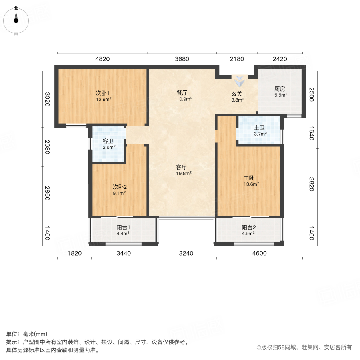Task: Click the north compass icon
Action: (16, 18)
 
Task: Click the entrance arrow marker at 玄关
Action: (240, 81)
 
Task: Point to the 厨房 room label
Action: (280, 89)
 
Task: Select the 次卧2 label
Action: (119, 187)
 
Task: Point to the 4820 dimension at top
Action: (102, 59)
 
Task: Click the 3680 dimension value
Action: (182, 59)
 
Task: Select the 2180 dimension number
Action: (237, 59)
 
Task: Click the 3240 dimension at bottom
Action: (186, 253)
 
